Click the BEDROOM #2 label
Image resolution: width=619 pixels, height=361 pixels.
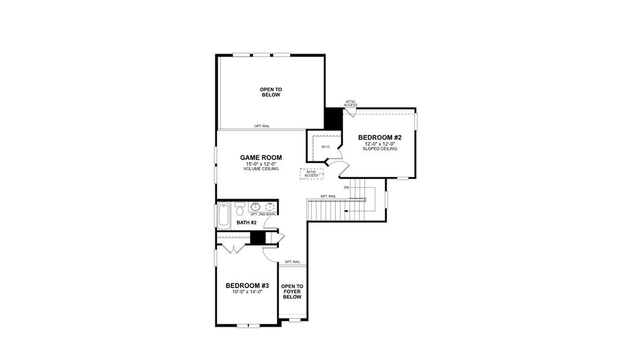click(x=380, y=137)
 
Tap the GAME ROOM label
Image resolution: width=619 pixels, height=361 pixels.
click(x=261, y=157)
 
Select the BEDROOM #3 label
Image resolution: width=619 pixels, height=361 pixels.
click(x=247, y=285)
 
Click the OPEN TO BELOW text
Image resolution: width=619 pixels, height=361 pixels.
click(x=271, y=92)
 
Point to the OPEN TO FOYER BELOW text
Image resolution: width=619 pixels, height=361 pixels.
click(x=292, y=291)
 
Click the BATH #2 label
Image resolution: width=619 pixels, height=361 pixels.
click(x=247, y=223)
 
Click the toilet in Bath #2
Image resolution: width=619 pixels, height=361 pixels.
click(x=240, y=209)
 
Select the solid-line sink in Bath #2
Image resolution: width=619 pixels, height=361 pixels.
click(x=255, y=207)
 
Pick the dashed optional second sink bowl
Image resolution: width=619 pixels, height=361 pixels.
click(x=271, y=207)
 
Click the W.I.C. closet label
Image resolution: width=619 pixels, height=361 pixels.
click(x=325, y=147)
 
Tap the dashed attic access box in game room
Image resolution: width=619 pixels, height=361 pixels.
click(x=312, y=173)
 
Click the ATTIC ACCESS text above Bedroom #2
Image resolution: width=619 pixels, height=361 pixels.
click(x=351, y=103)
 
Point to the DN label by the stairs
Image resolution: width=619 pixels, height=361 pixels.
click(x=346, y=188)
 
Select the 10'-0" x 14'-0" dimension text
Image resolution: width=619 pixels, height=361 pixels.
click(x=247, y=292)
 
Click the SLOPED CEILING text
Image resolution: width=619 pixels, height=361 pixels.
click(x=380, y=149)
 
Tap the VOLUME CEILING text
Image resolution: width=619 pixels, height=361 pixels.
click(x=261, y=169)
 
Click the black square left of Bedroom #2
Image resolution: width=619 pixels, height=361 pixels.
click(x=332, y=118)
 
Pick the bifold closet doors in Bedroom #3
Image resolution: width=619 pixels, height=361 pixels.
click(x=233, y=247)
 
